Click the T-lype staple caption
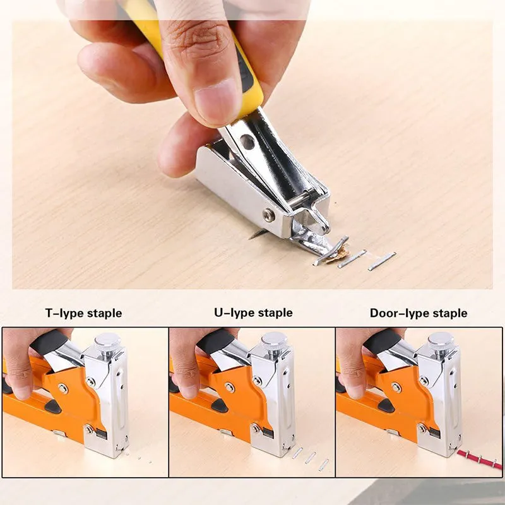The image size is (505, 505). click(83, 313)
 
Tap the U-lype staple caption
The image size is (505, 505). click(254, 312)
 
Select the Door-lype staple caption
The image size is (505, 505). click(419, 313)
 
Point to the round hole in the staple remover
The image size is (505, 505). click(247, 142)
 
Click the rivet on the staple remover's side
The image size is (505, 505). click(269, 215)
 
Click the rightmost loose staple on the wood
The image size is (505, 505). click(382, 261)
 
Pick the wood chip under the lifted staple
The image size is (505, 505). click(338, 255)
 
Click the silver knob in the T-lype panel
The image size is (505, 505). click(107, 342)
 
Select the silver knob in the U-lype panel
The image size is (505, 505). click(275, 341)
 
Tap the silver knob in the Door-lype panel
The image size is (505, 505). click(441, 341)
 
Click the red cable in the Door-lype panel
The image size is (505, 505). click(480, 460)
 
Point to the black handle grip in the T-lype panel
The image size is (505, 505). click(49, 342)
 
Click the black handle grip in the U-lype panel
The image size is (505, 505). click(216, 341)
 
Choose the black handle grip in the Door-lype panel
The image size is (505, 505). click(383, 341)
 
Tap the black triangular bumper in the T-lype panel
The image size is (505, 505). click(53, 407)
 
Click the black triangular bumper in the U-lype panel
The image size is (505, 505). click(220, 406)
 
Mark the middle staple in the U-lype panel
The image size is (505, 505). click(311, 458)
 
